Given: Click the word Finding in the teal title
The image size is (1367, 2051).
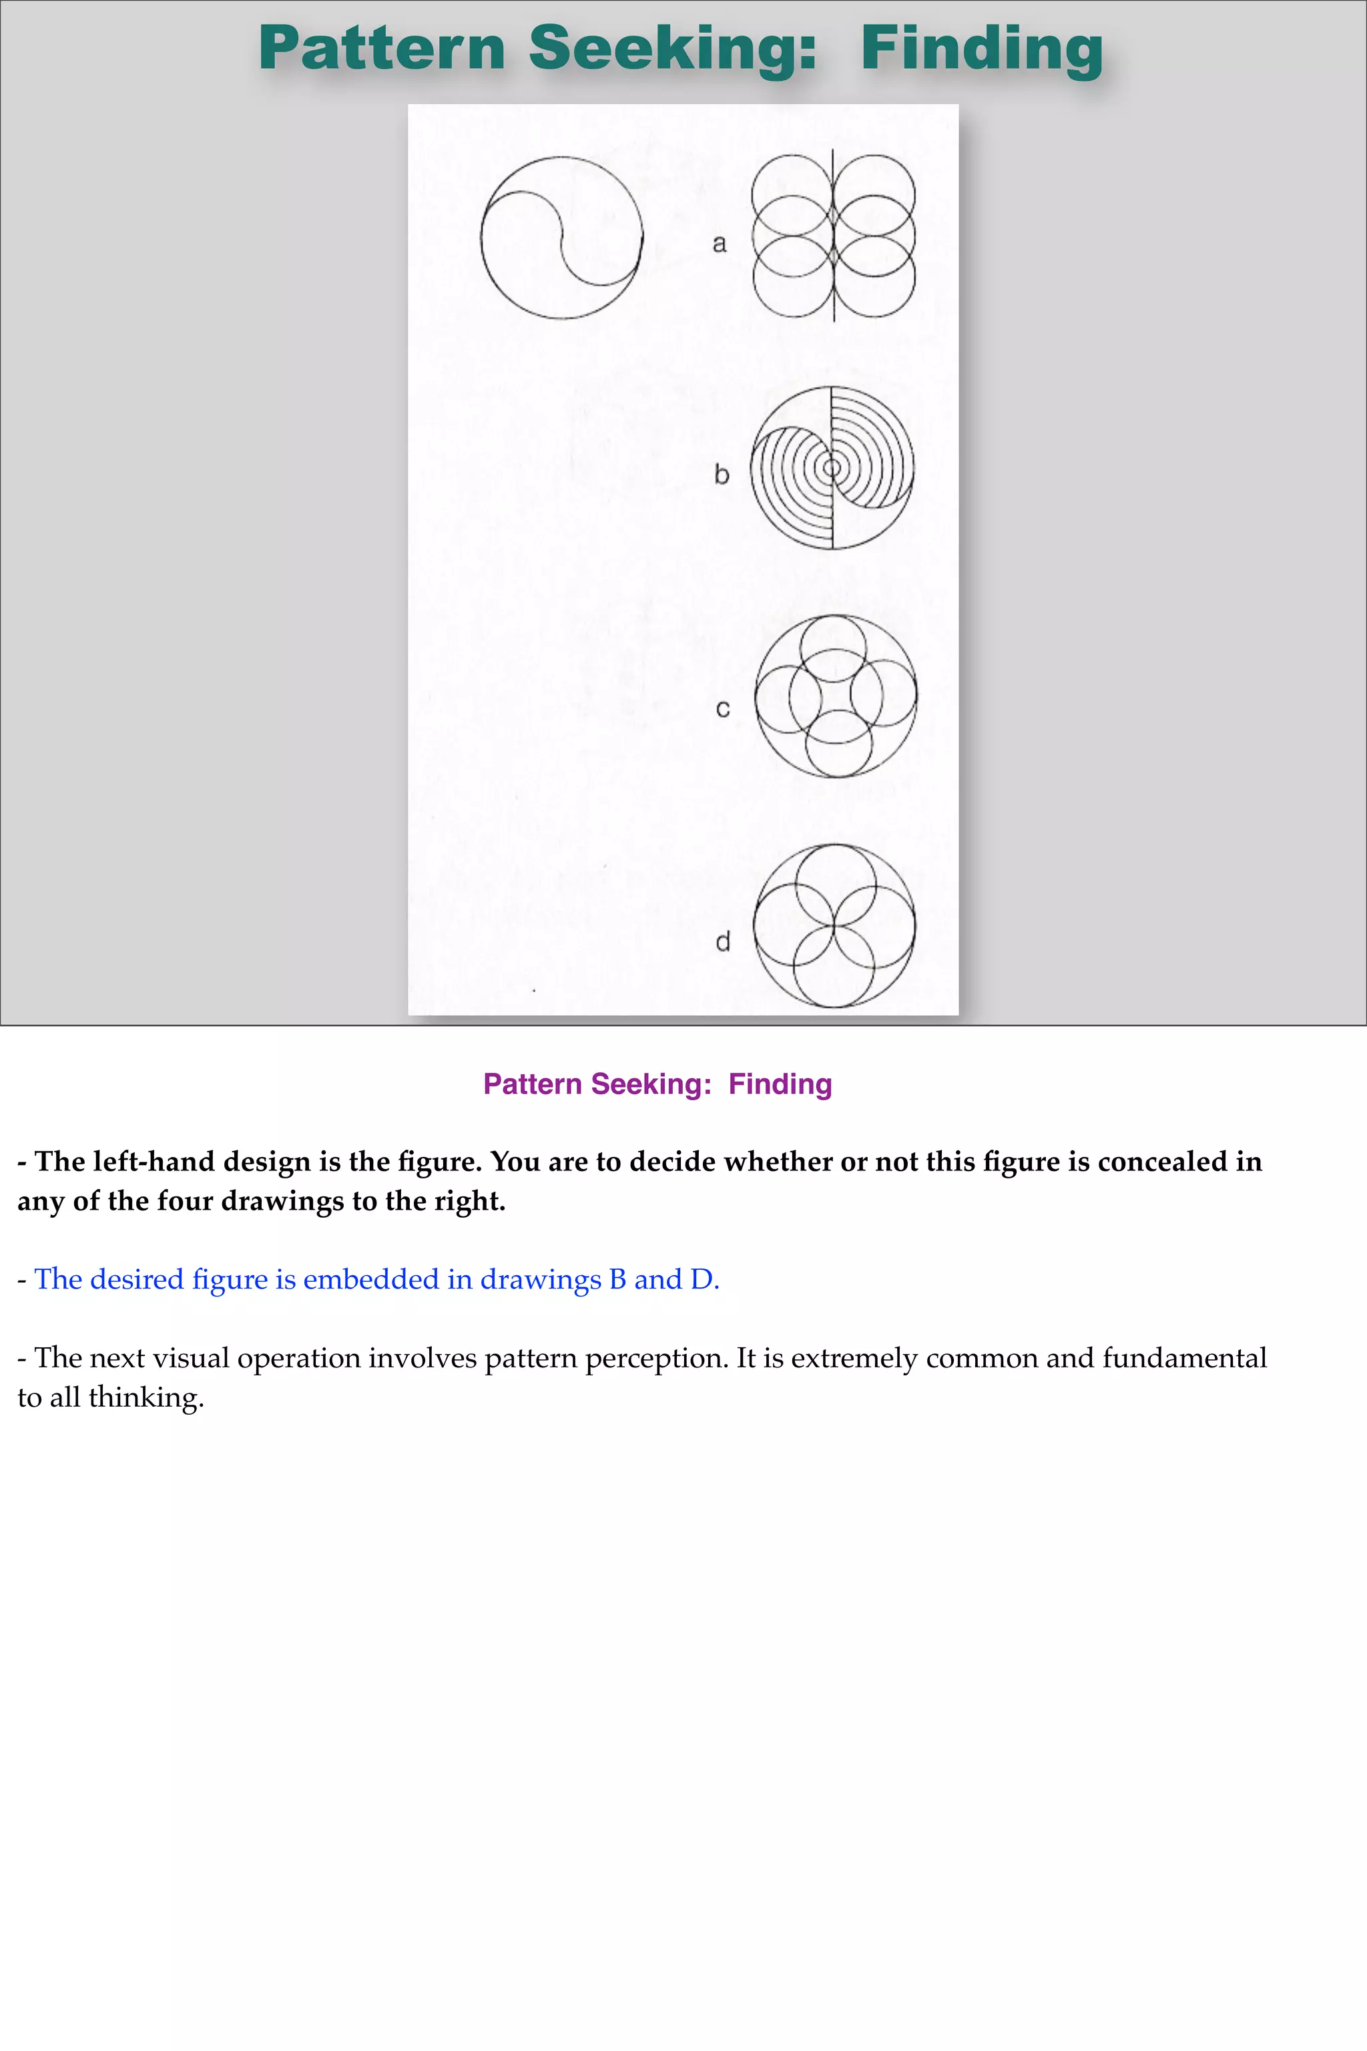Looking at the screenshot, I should [x=982, y=49].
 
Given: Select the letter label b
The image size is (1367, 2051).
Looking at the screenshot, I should [x=721, y=475].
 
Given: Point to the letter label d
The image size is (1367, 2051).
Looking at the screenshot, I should [x=723, y=942].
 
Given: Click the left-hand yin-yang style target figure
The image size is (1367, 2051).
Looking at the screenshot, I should [x=561, y=237].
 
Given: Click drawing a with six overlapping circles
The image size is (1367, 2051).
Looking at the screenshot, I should [x=834, y=236].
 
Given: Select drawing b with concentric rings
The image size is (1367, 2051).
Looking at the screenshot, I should [x=832, y=468].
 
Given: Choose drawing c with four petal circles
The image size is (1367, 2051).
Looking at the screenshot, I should [x=835, y=696].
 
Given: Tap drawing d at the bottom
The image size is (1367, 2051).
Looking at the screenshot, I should [x=834, y=925].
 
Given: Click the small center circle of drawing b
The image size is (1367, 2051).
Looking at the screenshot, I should [x=832, y=468].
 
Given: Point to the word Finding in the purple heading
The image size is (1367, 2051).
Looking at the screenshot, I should [x=780, y=1084].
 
